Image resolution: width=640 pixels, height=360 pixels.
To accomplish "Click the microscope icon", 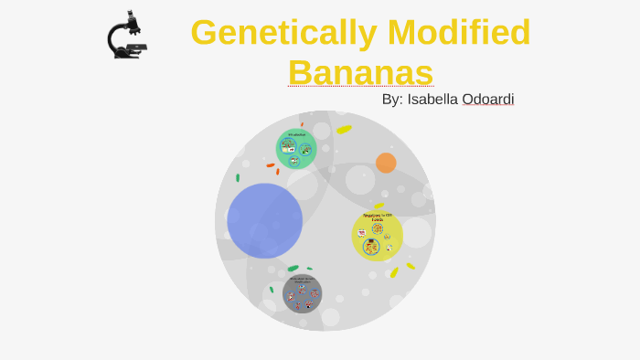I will tap(127, 36).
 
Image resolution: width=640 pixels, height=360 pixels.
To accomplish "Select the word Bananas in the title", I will tap(360, 71).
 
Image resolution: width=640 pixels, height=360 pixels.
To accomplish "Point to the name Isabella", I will tap(433, 99).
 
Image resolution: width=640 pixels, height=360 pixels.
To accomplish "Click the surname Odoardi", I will tap(488, 99).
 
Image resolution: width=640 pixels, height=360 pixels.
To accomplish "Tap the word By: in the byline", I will tap(392, 99).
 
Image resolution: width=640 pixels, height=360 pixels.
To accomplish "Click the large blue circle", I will tap(264, 220).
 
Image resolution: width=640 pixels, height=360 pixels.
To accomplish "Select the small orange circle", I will tap(386, 163).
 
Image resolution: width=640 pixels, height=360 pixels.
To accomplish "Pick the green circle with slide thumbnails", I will tap(296, 149).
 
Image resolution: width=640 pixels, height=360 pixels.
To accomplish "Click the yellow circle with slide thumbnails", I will tap(377, 236).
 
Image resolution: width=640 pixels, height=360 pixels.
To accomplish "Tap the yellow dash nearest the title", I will tap(344, 130).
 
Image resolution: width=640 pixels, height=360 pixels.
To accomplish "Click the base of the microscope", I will tap(128, 55).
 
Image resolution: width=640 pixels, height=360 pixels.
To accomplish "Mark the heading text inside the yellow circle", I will tap(378, 217).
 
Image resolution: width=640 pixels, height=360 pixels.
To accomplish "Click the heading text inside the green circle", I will tap(296, 135).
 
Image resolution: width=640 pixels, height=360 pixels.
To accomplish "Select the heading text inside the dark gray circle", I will tap(302, 280).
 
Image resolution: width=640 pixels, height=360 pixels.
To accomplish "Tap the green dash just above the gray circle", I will tap(293, 269).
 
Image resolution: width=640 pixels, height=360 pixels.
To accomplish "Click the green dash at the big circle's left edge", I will tap(238, 177).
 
